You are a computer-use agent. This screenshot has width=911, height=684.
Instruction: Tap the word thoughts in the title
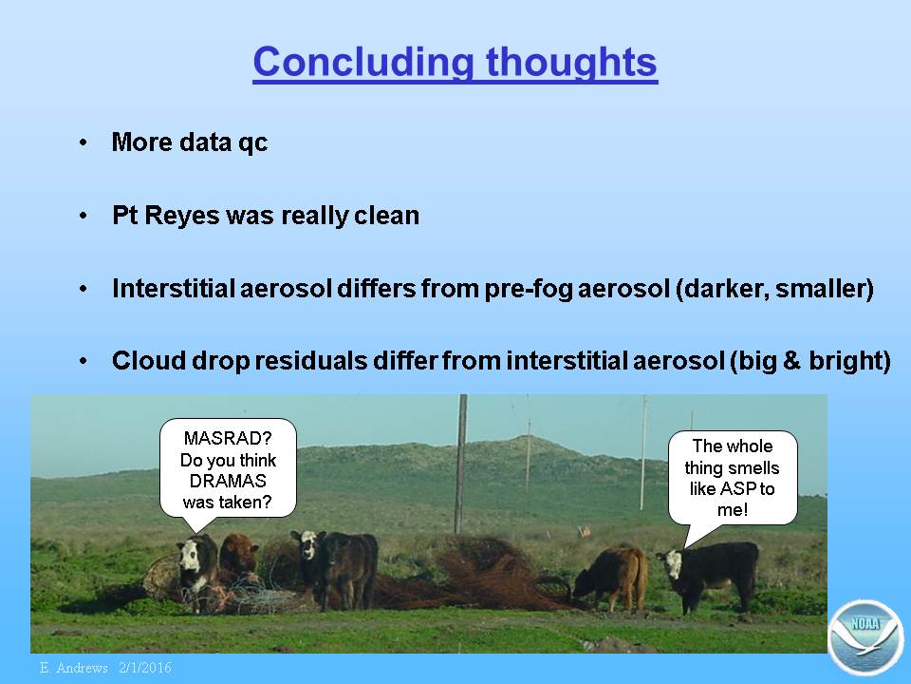(x=571, y=61)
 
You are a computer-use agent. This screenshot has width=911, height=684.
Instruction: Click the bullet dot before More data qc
(x=84, y=142)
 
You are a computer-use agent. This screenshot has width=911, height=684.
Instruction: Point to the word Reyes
(x=182, y=217)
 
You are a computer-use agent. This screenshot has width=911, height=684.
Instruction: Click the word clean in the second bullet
(x=386, y=216)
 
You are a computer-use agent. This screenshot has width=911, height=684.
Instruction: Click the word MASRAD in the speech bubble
(x=221, y=438)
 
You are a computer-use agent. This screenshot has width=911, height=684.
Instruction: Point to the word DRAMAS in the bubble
(x=228, y=481)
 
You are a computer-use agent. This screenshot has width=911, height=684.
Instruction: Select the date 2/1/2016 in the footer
(x=145, y=668)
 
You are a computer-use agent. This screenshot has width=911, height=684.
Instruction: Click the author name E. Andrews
(x=74, y=668)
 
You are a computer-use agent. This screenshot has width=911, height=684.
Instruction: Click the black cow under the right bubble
(x=710, y=575)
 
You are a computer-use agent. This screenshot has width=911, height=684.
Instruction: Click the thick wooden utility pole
(x=461, y=464)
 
